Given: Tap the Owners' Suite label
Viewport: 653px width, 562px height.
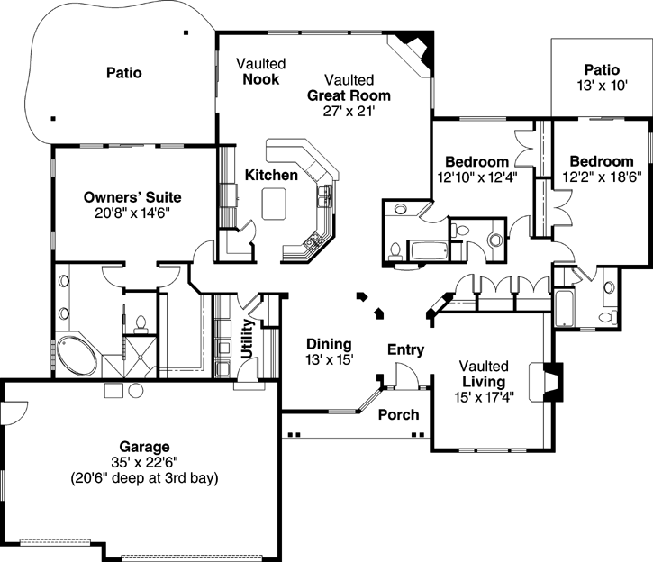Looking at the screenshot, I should pos(132,196).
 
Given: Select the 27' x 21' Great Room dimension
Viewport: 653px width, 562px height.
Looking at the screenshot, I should pos(349,111).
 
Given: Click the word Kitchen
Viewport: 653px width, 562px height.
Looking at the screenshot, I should pos(271,175).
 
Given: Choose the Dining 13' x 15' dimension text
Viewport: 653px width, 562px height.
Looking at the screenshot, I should pos(329,359).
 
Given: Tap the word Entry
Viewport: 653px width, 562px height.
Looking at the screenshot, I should pos(405,349).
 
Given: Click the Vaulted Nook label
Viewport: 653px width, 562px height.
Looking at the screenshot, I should pos(261,71).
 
